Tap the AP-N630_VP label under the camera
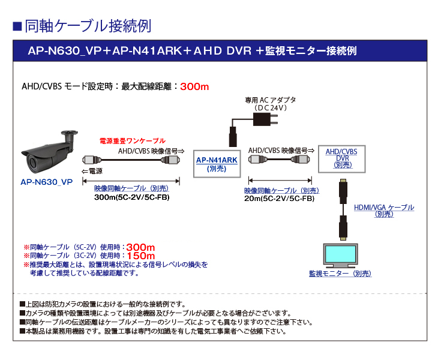46,180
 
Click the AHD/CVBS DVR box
341,158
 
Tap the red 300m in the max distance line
194,86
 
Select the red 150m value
141,256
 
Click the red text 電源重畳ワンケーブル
132,141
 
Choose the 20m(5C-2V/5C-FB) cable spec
280,199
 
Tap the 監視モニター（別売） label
340,274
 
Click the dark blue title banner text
192,51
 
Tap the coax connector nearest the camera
90,161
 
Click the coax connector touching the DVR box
302,160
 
